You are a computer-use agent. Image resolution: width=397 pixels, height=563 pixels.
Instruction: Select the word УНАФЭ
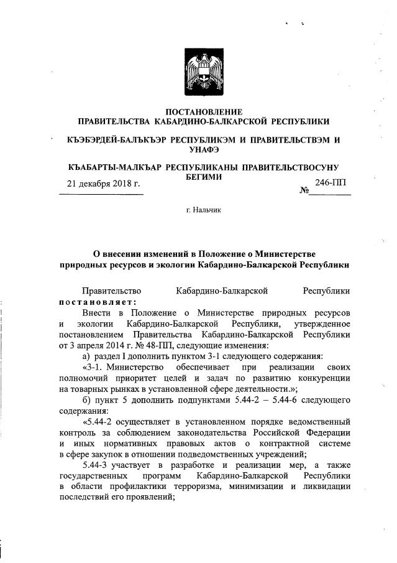(203, 150)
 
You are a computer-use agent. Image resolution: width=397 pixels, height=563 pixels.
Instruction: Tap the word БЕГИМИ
(203, 177)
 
